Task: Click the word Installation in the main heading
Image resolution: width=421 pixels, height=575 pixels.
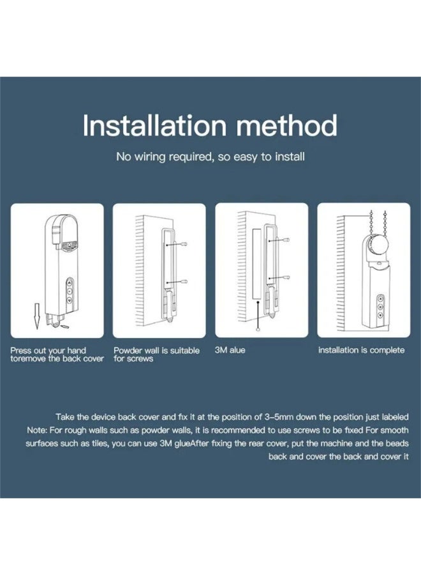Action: (x=154, y=125)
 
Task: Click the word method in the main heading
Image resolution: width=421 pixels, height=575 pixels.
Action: (x=286, y=125)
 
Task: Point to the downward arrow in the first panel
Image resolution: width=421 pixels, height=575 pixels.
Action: (x=36, y=316)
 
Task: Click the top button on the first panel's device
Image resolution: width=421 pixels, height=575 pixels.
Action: (x=70, y=283)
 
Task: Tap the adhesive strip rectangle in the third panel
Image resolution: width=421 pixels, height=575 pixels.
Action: (x=257, y=263)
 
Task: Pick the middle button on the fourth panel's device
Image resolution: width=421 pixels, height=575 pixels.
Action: (x=380, y=307)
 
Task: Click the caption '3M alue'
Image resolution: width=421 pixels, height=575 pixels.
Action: (x=230, y=350)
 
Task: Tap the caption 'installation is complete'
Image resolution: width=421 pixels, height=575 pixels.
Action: (x=361, y=350)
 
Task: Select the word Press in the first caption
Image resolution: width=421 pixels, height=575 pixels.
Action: (x=21, y=351)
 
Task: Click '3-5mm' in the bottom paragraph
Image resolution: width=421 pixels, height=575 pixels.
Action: (x=279, y=417)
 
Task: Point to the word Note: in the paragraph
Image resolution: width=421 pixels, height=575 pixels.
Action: (x=37, y=430)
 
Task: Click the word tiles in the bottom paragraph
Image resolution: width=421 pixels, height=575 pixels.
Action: (x=100, y=443)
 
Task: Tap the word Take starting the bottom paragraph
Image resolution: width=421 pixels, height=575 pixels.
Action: (x=66, y=417)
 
